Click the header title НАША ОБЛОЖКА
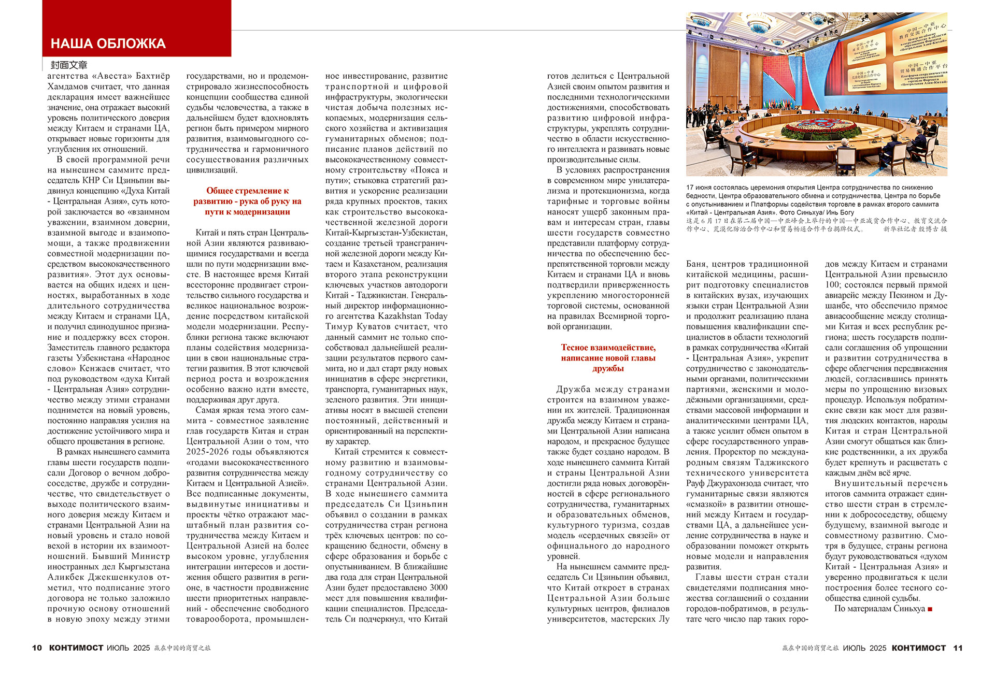[x=108, y=44]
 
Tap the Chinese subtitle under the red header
[x=69, y=65]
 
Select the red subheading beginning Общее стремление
[x=247, y=201]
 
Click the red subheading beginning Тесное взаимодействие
[x=608, y=358]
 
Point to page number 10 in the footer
[x=37, y=648]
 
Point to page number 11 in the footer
[x=958, y=648]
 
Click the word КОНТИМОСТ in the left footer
[x=76, y=648]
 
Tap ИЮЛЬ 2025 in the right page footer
[x=864, y=648]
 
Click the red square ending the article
[x=930, y=609]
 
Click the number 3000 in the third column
[x=436, y=587]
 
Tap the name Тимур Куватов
[x=358, y=326]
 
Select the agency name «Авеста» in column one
[x=110, y=76]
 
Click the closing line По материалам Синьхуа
[x=879, y=609]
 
